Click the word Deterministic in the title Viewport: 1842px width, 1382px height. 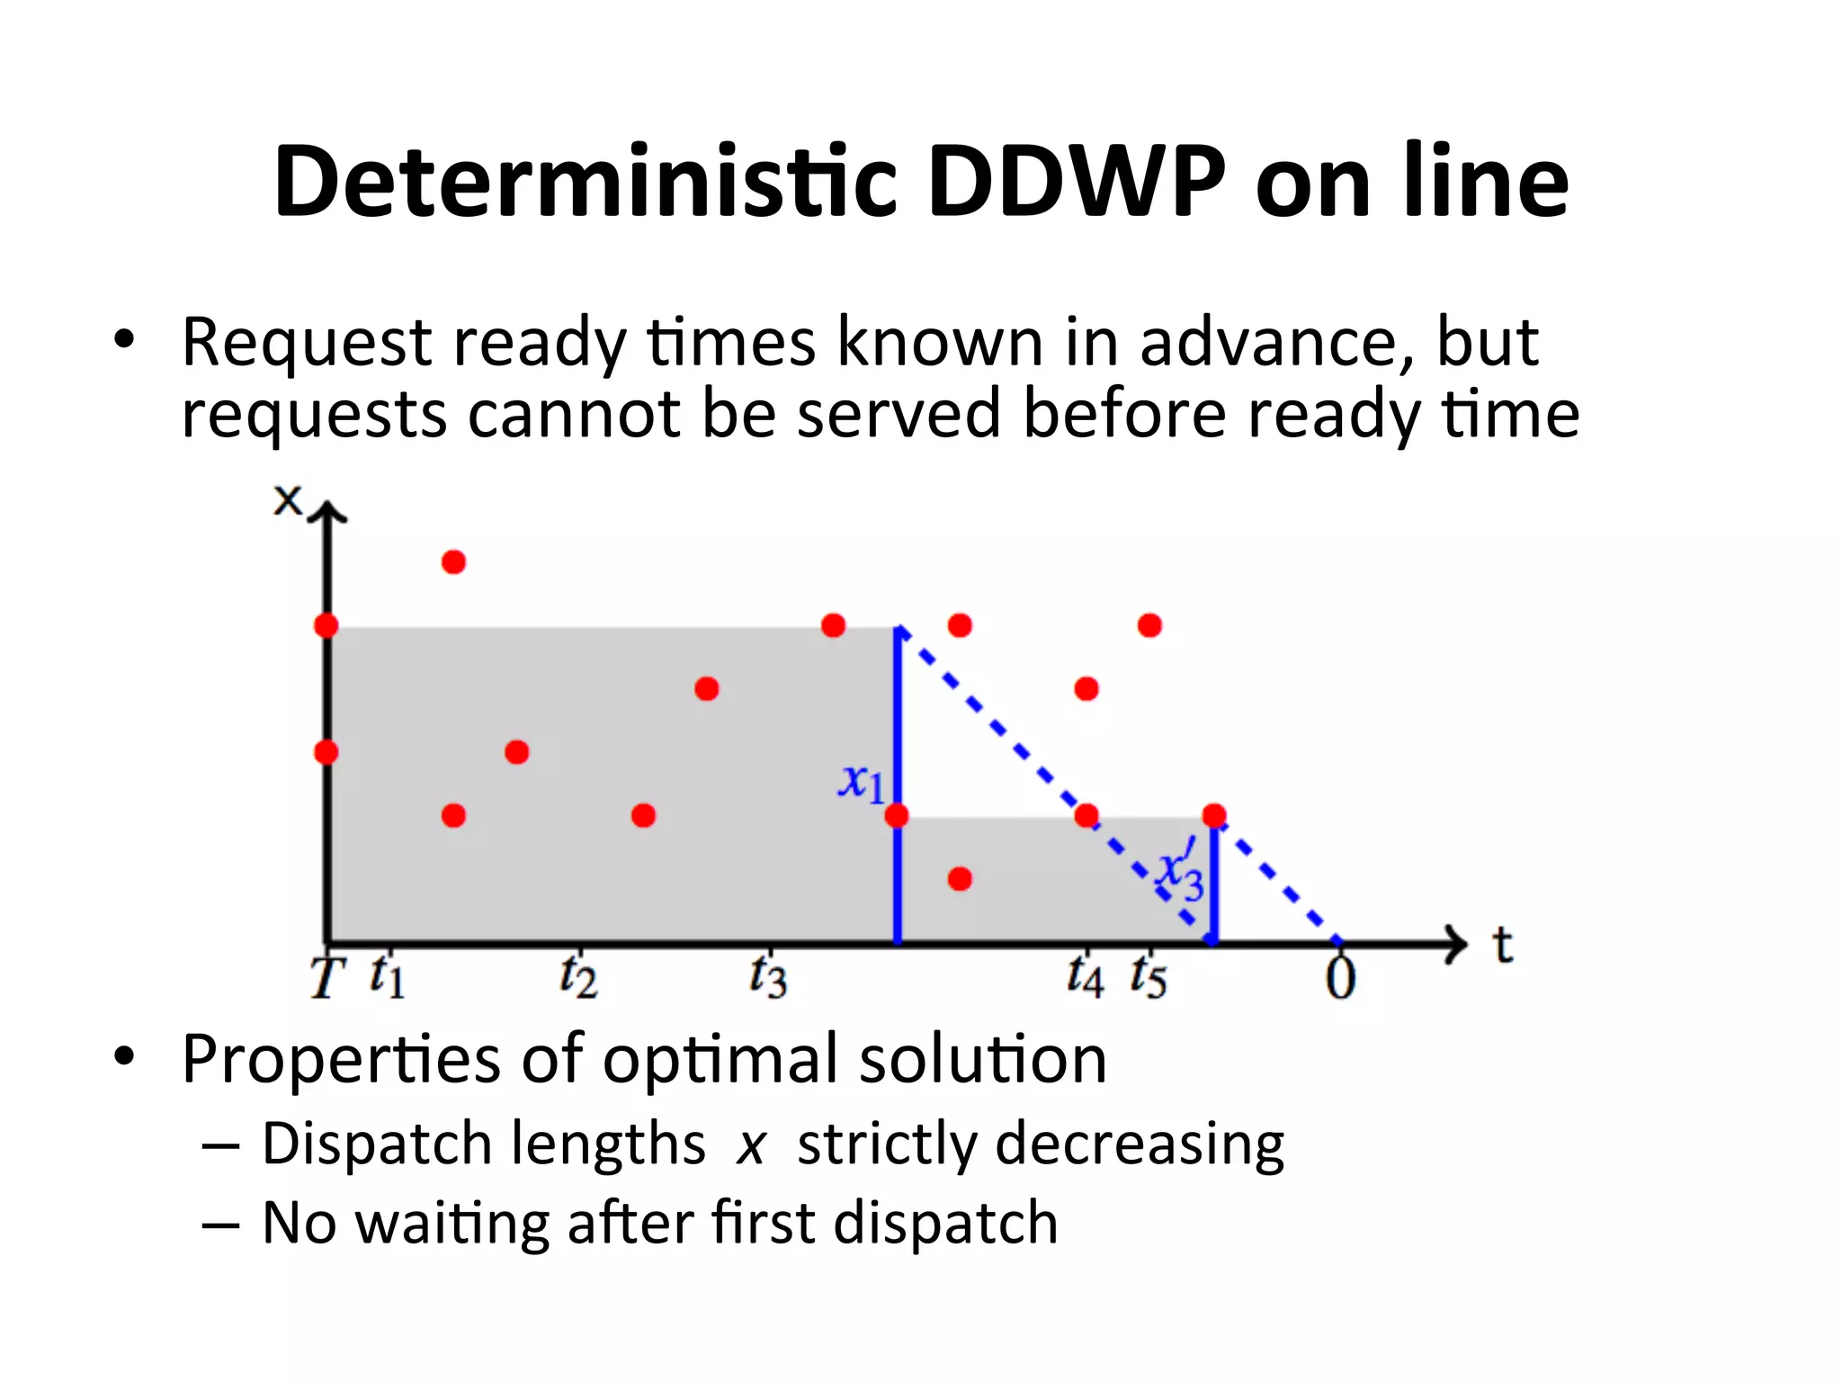pyautogui.click(x=586, y=183)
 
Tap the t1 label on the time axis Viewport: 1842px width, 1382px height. pyautogui.click(x=387, y=975)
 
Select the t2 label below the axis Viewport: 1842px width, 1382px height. pyautogui.click(x=577, y=976)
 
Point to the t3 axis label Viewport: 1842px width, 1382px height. pyautogui.click(x=767, y=976)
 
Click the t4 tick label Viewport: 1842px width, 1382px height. pyautogui.click(x=1085, y=976)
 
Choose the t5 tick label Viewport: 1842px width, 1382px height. pyautogui.click(x=1149, y=976)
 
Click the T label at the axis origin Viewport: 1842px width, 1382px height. pyautogui.click(x=327, y=977)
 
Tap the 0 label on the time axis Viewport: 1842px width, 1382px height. pyautogui.click(x=1340, y=978)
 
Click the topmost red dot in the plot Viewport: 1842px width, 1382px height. pyautogui.click(x=453, y=562)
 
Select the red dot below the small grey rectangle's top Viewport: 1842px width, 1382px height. pyautogui.click(x=960, y=879)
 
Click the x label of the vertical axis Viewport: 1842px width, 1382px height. pyautogui.click(x=288, y=500)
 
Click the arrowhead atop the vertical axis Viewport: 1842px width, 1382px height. pyautogui.click(x=327, y=513)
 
